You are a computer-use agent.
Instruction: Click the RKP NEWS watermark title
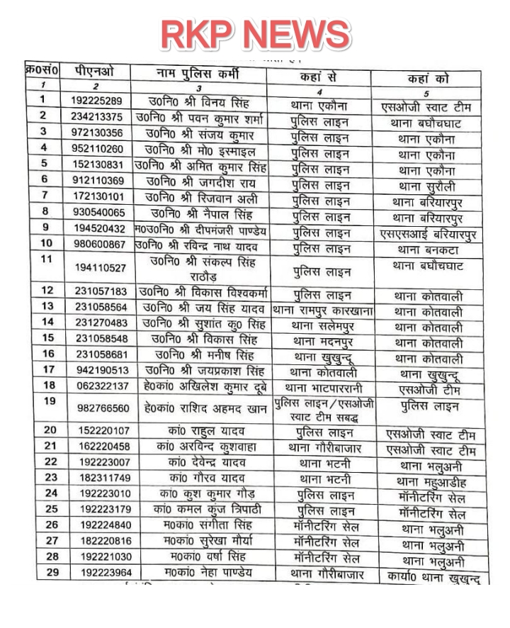[x=255, y=33]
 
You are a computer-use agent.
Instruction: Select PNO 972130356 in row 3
[x=97, y=133]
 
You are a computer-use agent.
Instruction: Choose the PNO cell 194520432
[x=98, y=228]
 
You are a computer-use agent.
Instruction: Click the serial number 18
[x=49, y=385]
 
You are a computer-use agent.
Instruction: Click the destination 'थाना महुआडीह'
[x=431, y=482]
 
